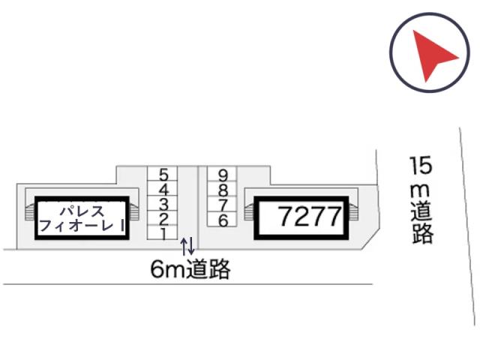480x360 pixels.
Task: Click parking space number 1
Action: point(162,232)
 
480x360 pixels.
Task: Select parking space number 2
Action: point(162,218)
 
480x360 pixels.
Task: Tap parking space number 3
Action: point(162,203)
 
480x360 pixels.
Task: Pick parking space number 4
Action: point(162,188)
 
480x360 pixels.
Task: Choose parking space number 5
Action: point(162,174)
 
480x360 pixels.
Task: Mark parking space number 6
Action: point(222,219)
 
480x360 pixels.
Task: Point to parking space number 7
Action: point(222,204)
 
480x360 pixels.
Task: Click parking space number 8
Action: point(222,189)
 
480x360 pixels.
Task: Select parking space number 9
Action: point(222,174)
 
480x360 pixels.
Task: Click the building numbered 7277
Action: point(301,218)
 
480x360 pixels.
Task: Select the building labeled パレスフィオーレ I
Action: point(82,218)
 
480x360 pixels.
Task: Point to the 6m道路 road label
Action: point(190,269)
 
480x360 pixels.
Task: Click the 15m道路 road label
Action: point(421,200)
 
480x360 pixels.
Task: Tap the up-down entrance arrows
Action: point(187,246)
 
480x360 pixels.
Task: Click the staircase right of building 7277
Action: point(353,211)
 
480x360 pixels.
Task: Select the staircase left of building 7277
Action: point(249,211)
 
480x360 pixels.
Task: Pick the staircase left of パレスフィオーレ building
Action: point(30,211)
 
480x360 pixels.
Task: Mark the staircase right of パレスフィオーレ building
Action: point(134,211)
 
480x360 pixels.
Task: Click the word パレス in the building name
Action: point(82,211)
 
